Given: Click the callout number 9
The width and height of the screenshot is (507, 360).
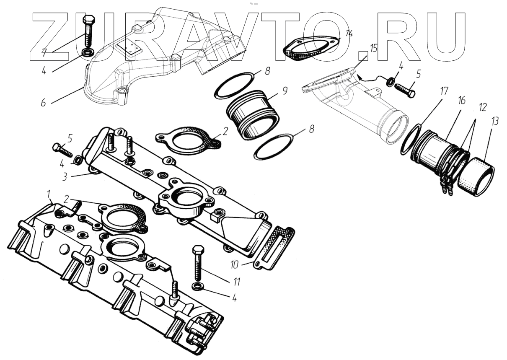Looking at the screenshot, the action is pos(285,91).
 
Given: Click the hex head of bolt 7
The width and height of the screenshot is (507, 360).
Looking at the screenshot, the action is pos(89,21).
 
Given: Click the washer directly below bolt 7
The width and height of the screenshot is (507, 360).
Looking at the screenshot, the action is pos(88,53).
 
